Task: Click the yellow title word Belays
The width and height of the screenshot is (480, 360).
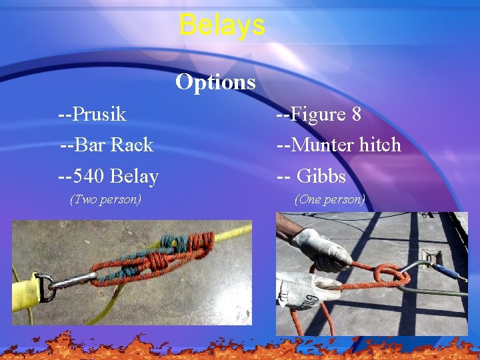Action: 222,25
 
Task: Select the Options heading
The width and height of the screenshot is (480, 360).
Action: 215,82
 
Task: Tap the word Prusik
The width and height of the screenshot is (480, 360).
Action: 99,115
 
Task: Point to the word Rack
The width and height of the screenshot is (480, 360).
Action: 132,145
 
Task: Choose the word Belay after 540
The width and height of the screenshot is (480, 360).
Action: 134,177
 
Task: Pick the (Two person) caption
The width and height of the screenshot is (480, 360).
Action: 105,199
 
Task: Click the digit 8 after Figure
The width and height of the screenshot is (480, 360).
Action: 356,115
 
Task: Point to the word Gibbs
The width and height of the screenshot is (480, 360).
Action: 321,177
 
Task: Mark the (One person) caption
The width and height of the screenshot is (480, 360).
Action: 329,199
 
